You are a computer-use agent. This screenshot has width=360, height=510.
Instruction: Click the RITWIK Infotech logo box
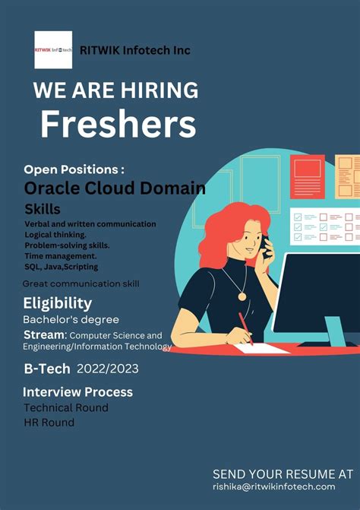pyautogui.click(x=53, y=50)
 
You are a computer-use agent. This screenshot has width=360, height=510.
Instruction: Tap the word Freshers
pyautogui.click(x=118, y=123)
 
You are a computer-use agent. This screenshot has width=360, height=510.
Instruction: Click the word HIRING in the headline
pyautogui.click(x=157, y=90)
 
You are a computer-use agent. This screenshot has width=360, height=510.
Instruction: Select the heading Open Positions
pyautogui.click(x=74, y=169)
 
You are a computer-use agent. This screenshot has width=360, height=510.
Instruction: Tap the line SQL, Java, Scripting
pyautogui.click(x=62, y=267)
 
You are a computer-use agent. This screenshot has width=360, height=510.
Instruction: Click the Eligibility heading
pyautogui.click(x=57, y=303)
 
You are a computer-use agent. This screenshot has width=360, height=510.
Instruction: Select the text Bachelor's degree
pyautogui.click(x=71, y=319)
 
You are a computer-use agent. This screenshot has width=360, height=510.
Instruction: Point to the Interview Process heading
pyautogui.click(x=77, y=392)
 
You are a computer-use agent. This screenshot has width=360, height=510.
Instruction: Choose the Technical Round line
pyautogui.click(x=66, y=407)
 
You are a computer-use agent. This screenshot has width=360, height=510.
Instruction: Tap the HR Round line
pyautogui.click(x=49, y=423)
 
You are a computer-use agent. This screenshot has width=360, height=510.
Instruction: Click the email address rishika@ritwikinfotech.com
pyautogui.click(x=274, y=486)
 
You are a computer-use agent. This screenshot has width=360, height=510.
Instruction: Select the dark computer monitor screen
pyautogui.click(x=319, y=293)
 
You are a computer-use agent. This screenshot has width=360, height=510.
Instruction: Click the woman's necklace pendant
pyautogui.click(x=243, y=295)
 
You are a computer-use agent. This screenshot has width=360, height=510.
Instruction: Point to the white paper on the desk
pyautogui.click(x=261, y=349)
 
